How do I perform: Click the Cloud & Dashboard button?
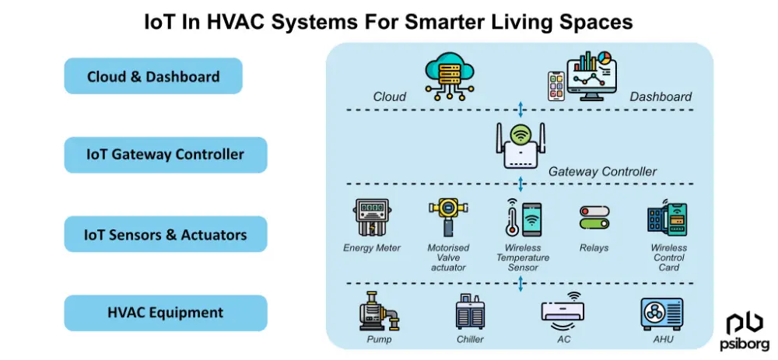[153, 76]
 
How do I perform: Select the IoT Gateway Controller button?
[165, 154]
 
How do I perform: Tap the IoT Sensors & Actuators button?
[165, 234]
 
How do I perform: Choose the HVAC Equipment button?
[165, 313]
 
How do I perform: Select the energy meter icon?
[372, 218]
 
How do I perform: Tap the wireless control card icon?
[668, 219]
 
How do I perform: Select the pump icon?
[379, 313]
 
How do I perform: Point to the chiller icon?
[470, 313]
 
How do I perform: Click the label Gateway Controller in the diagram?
[602, 171]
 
